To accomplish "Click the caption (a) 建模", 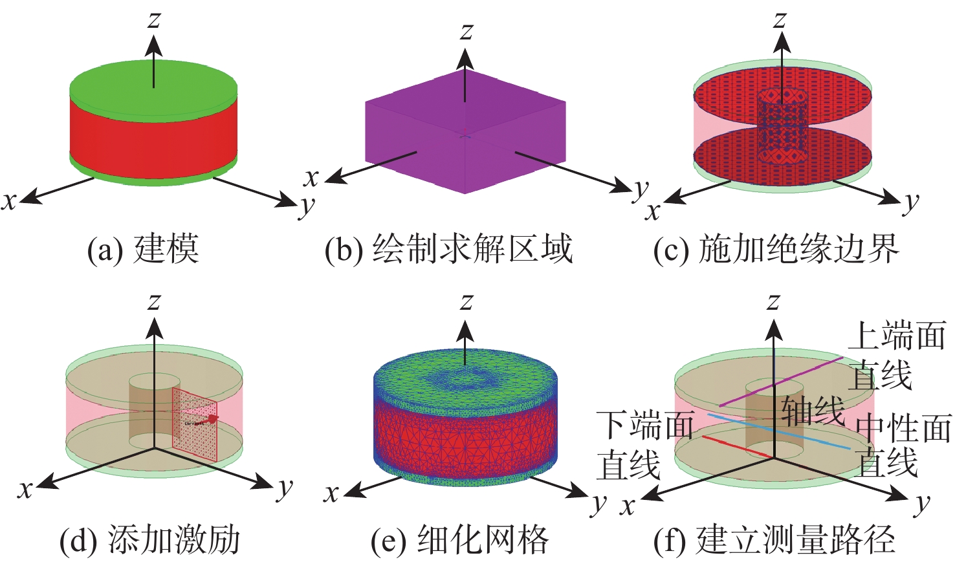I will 143,249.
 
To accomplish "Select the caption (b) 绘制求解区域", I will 448,249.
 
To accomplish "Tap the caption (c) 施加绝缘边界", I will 776,249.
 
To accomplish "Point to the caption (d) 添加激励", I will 149,540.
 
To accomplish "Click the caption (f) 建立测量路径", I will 774,540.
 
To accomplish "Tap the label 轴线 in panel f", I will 813,410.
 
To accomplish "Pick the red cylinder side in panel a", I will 153,136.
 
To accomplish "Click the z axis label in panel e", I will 466,301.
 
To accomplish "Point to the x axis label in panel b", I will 312,177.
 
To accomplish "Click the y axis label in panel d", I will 285,488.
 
